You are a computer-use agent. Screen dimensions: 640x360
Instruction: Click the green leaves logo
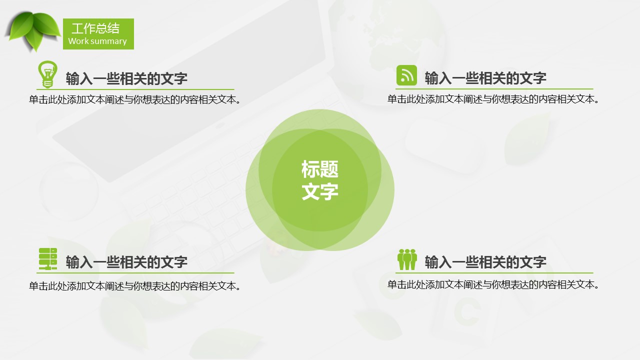[x=33, y=31]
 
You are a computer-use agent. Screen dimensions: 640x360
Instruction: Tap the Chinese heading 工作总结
[x=95, y=28]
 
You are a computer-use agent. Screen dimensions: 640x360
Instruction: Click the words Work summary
[x=97, y=41]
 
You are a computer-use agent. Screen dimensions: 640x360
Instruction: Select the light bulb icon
[x=47, y=74]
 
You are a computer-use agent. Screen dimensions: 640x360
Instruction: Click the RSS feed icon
[x=406, y=75]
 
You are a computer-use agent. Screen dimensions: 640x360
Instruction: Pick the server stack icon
[x=47, y=259]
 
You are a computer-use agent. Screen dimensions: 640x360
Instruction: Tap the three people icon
[x=407, y=259]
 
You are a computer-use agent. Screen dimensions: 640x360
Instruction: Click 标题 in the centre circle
[x=320, y=169]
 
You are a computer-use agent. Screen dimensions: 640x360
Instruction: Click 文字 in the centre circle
[x=320, y=191]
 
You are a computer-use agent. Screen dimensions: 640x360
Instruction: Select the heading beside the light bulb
[x=126, y=78]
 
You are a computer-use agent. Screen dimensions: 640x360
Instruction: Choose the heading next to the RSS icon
[x=485, y=78]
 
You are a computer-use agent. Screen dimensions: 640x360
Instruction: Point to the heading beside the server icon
[x=126, y=262]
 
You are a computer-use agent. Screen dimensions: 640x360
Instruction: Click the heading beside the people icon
[x=485, y=262]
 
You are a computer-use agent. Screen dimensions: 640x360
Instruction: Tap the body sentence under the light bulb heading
[x=135, y=99]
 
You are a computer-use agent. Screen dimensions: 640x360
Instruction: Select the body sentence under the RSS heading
[x=493, y=99]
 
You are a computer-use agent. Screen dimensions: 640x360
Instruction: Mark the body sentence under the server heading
[x=135, y=286]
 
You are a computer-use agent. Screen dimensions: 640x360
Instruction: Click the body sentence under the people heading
[x=493, y=284]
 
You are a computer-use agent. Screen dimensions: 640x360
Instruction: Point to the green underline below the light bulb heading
[x=135, y=89]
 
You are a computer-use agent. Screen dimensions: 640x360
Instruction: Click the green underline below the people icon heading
[x=494, y=273]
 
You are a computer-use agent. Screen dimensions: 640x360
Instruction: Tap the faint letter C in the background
[x=467, y=311]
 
